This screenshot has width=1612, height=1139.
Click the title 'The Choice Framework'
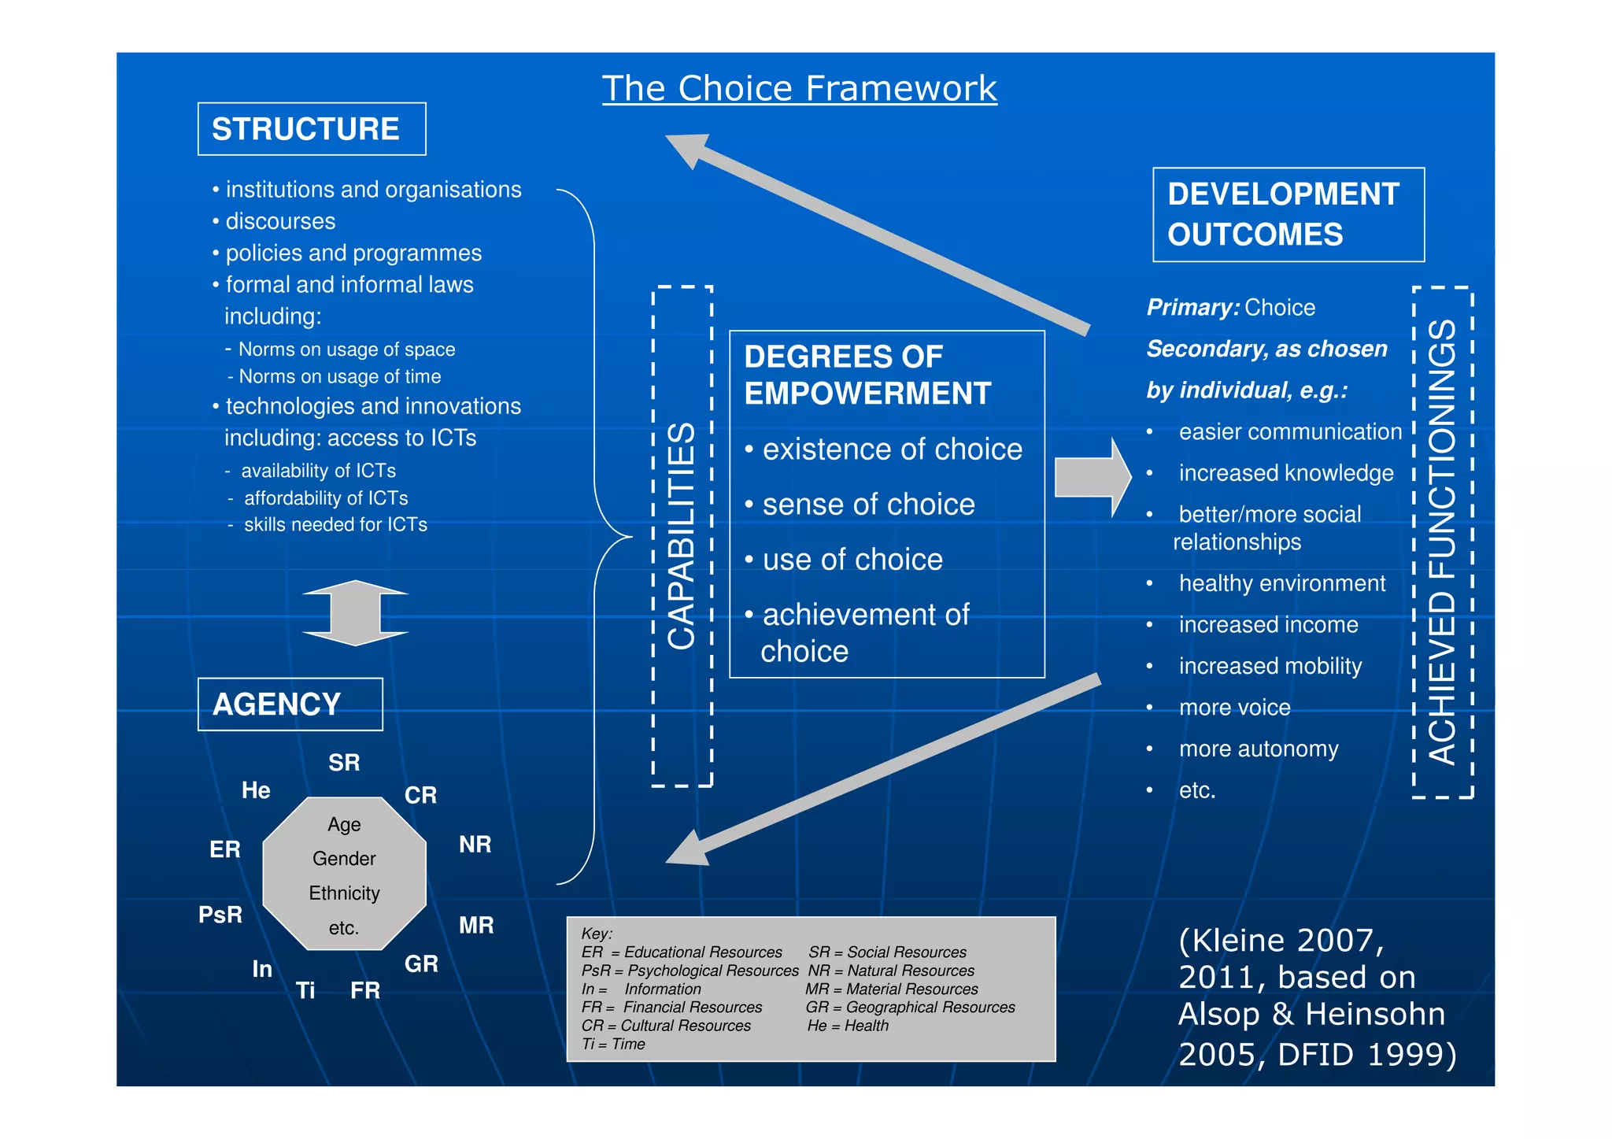tap(799, 88)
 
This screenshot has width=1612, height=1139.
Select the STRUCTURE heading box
tap(312, 129)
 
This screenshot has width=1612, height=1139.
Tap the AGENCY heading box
tap(290, 704)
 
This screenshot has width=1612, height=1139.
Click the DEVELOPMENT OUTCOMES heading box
tap(1288, 214)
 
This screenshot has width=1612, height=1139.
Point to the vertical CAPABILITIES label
tap(682, 536)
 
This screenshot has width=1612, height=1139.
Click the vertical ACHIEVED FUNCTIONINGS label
tap(1442, 542)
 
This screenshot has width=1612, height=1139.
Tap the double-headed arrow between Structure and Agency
tap(355, 613)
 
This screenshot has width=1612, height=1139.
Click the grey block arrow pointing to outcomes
tap(1093, 477)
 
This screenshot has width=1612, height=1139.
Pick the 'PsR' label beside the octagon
tap(220, 915)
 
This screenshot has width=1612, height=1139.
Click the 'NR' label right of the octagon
tap(475, 845)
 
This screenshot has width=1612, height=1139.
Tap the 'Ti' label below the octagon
tap(305, 990)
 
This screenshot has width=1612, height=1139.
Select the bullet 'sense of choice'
tap(868, 505)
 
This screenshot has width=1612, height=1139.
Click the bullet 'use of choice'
tap(852, 560)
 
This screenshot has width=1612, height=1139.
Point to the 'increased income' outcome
tap(1268, 625)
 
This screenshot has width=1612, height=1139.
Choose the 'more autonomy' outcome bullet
tap(1258, 749)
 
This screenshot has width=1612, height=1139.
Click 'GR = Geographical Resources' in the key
tap(911, 1008)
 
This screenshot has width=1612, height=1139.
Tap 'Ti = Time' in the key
tap(613, 1045)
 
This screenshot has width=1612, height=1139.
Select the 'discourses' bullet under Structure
tap(280, 221)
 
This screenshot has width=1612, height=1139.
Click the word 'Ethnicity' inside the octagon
tap(344, 893)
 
